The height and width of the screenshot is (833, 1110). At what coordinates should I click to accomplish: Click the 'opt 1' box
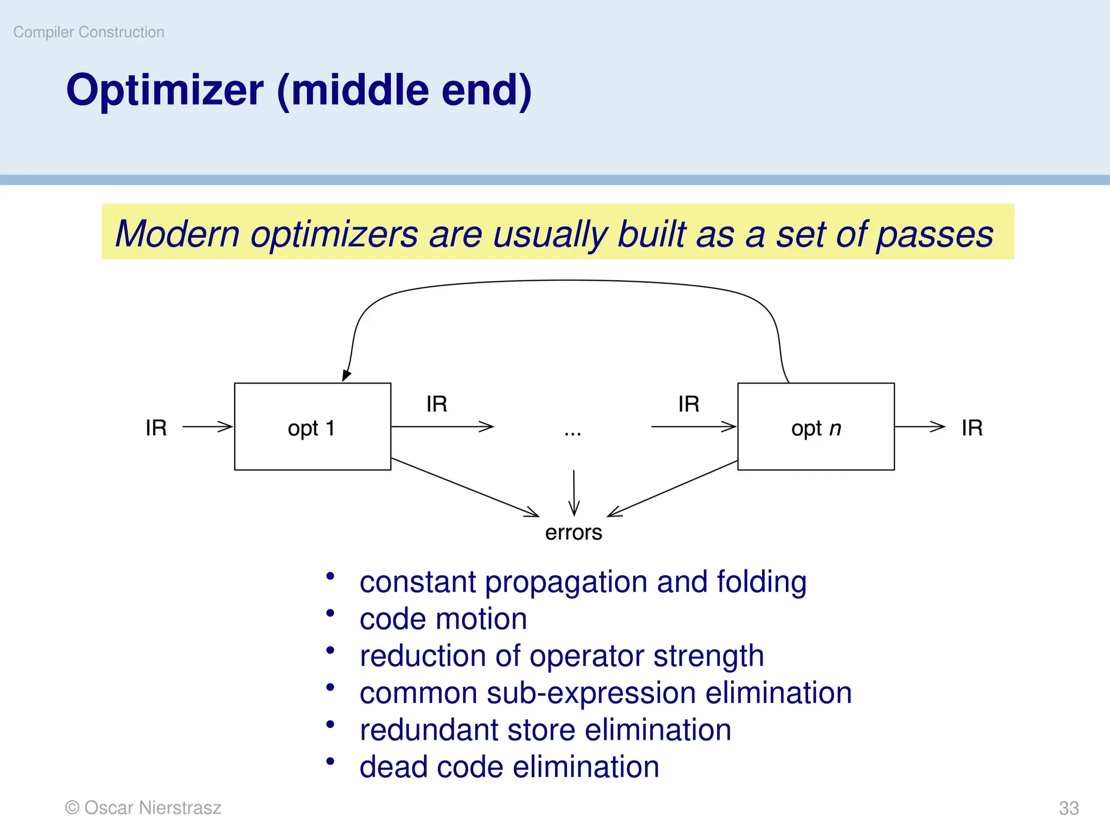(x=312, y=427)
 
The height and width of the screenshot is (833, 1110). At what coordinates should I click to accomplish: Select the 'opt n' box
(x=816, y=427)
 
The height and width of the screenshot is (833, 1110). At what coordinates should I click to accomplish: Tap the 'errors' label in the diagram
(x=573, y=533)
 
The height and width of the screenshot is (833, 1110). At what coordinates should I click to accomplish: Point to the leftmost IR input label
(x=156, y=428)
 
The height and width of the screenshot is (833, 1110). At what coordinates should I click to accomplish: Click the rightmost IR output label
(x=972, y=428)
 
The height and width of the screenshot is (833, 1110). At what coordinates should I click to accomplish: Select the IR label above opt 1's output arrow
(x=436, y=404)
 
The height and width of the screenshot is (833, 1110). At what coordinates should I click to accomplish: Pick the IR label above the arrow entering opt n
(x=688, y=404)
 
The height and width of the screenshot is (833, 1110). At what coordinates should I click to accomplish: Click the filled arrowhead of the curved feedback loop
(x=346, y=375)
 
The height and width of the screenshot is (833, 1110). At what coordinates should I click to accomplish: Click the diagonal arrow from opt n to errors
(x=672, y=489)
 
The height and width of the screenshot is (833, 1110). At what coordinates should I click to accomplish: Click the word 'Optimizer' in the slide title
(x=165, y=90)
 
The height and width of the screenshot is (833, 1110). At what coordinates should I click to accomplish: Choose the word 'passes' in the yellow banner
(x=934, y=234)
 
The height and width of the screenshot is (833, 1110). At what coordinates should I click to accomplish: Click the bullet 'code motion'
(x=443, y=619)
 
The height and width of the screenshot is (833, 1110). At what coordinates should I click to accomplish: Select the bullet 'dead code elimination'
(x=509, y=767)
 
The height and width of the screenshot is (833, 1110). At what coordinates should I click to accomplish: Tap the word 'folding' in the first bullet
(x=761, y=582)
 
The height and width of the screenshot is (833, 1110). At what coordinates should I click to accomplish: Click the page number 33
(x=1068, y=808)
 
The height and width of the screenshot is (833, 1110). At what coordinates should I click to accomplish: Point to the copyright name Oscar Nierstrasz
(x=152, y=808)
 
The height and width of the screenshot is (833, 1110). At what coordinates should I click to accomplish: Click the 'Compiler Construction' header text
(x=89, y=32)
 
